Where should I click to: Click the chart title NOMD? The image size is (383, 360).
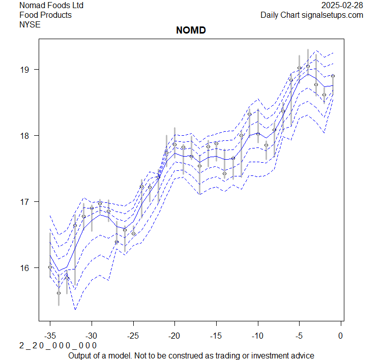click(x=191, y=31)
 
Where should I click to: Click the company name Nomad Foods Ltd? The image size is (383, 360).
click(x=51, y=5)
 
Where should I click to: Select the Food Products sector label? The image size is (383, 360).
click(x=45, y=15)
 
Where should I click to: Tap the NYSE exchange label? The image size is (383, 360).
click(x=30, y=24)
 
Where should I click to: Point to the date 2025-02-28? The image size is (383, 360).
click(x=342, y=5)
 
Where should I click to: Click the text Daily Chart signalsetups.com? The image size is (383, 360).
click(x=312, y=15)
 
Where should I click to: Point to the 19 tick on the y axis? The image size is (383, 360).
click(x=26, y=70)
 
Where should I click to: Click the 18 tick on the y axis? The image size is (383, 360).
click(x=26, y=136)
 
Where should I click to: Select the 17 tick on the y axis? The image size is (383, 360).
click(x=26, y=202)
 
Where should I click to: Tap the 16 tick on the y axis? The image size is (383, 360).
click(x=26, y=268)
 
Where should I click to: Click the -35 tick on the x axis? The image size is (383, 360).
click(x=50, y=336)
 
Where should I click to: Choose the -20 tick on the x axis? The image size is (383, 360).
click(x=174, y=336)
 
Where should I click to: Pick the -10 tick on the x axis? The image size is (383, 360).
click(x=258, y=336)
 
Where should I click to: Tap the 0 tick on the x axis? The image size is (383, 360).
click(x=341, y=336)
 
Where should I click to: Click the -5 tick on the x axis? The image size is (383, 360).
click(x=299, y=336)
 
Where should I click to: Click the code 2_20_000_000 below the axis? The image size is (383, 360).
click(x=58, y=345)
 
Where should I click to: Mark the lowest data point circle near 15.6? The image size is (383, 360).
click(x=58, y=293)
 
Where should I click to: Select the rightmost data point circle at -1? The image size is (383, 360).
click(x=333, y=76)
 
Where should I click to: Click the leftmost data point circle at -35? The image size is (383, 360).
click(x=50, y=267)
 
